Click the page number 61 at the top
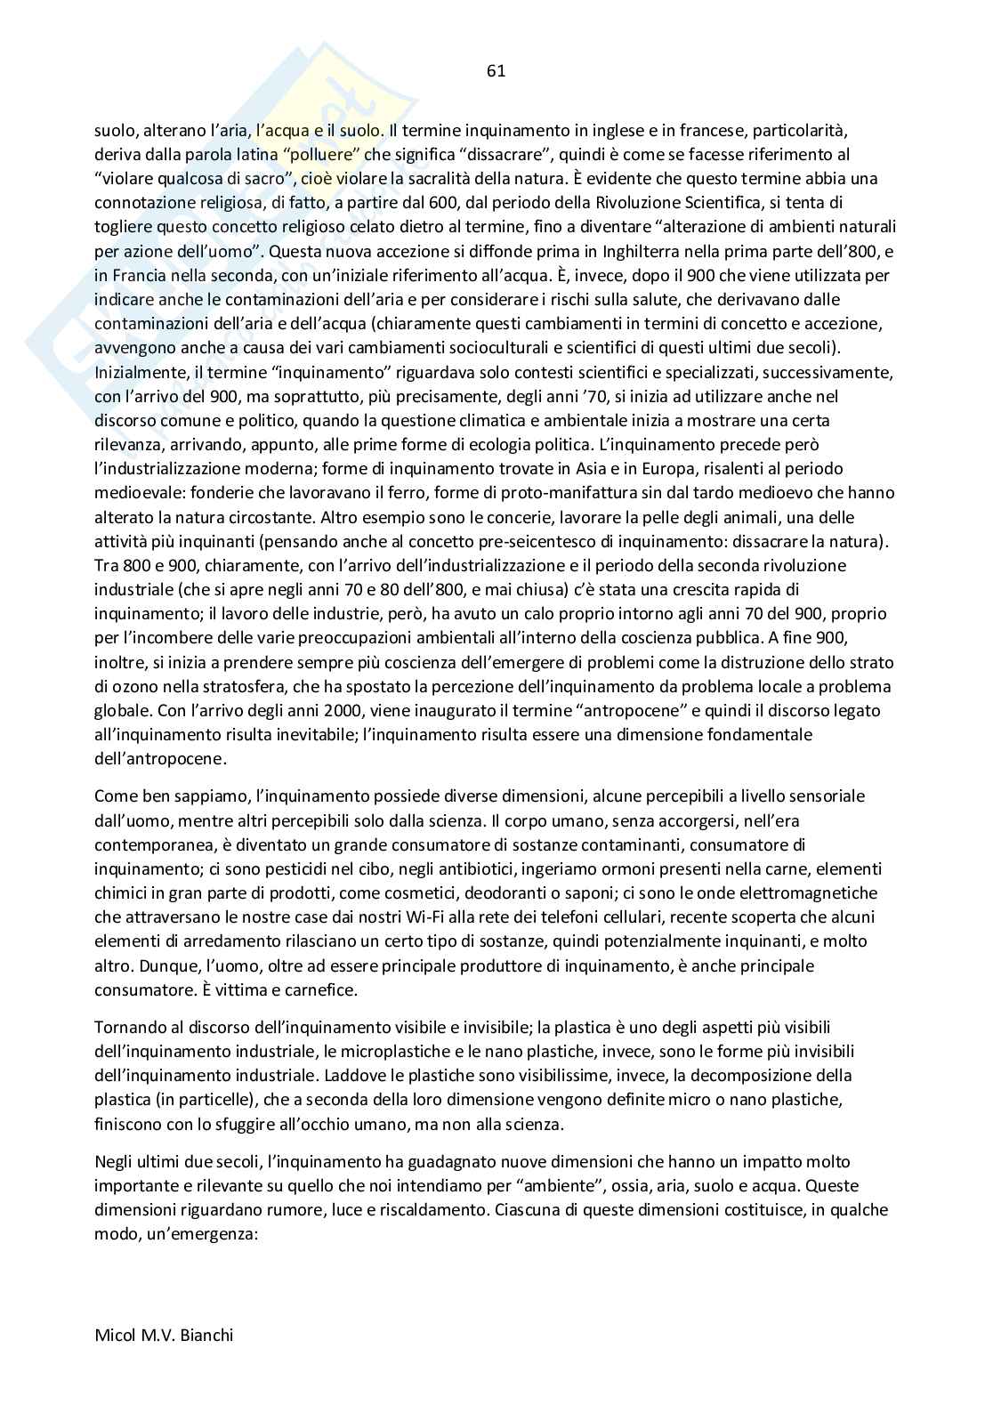coord(496,71)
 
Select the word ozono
coord(133,686)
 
